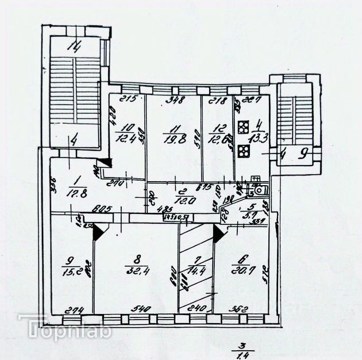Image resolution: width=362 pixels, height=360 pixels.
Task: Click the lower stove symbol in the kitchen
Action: point(243,151)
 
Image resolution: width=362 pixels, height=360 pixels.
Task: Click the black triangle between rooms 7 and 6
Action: point(218,232)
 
